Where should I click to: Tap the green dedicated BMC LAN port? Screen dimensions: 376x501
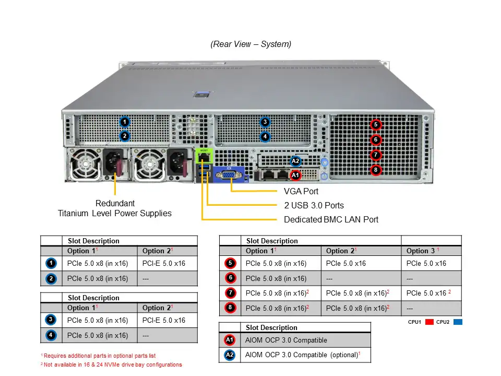click(x=204, y=156)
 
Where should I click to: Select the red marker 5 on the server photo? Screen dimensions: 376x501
click(x=376, y=125)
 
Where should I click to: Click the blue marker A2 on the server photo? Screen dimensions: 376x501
click(x=295, y=161)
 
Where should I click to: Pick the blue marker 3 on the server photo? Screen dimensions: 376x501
click(x=265, y=122)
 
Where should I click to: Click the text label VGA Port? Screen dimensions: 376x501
click(x=301, y=192)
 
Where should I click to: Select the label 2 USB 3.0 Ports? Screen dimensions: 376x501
click(x=314, y=205)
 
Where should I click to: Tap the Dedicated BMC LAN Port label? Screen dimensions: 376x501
click(x=331, y=219)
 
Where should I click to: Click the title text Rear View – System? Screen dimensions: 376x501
click(x=251, y=44)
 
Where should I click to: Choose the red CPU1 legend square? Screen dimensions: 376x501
click(x=430, y=322)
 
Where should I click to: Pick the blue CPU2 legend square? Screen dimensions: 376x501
click(x=458, y=322)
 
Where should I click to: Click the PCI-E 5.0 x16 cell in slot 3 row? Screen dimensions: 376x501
click(x=164, y=320)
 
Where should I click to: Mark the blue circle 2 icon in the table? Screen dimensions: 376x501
click(x=51, y=278)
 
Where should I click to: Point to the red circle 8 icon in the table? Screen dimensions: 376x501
click(x=230, y=308)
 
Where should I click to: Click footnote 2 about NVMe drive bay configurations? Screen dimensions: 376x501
click(x=111, y=365)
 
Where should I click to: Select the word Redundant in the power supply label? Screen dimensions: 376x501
click(x=115, y=203)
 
